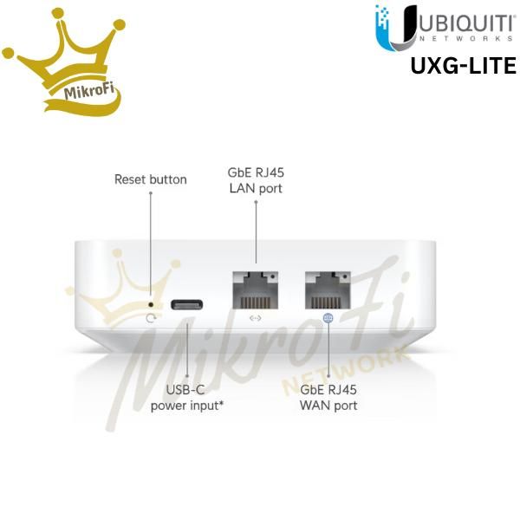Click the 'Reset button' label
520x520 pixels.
(150, 179)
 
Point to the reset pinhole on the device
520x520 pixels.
(152, 304)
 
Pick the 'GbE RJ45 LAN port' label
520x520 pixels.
(256, 180)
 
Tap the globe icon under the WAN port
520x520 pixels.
(327, 318)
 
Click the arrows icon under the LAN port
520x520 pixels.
(256, 318)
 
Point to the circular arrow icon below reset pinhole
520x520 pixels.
(153, 318)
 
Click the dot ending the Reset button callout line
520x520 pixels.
(151, 193)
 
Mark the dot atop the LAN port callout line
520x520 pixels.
(256, 200)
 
